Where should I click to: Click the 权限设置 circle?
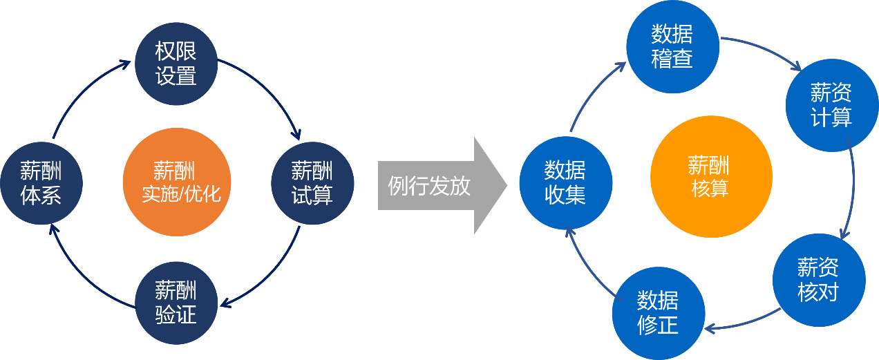pyautogui.click(x=176, y=64)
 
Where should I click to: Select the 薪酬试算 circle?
pyautogui.click(x=312, y=182)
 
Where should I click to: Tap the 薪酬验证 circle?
pyautogui.click(x=176, y=302)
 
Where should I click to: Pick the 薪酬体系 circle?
pyautogui.click(x=41, y=182)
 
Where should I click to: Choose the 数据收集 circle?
pyautogui.click(x=565, y=182)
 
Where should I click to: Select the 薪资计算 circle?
pyautogui.click(x=831, y=105)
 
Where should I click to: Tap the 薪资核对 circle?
pyautogui.click(x=818, y=280)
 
